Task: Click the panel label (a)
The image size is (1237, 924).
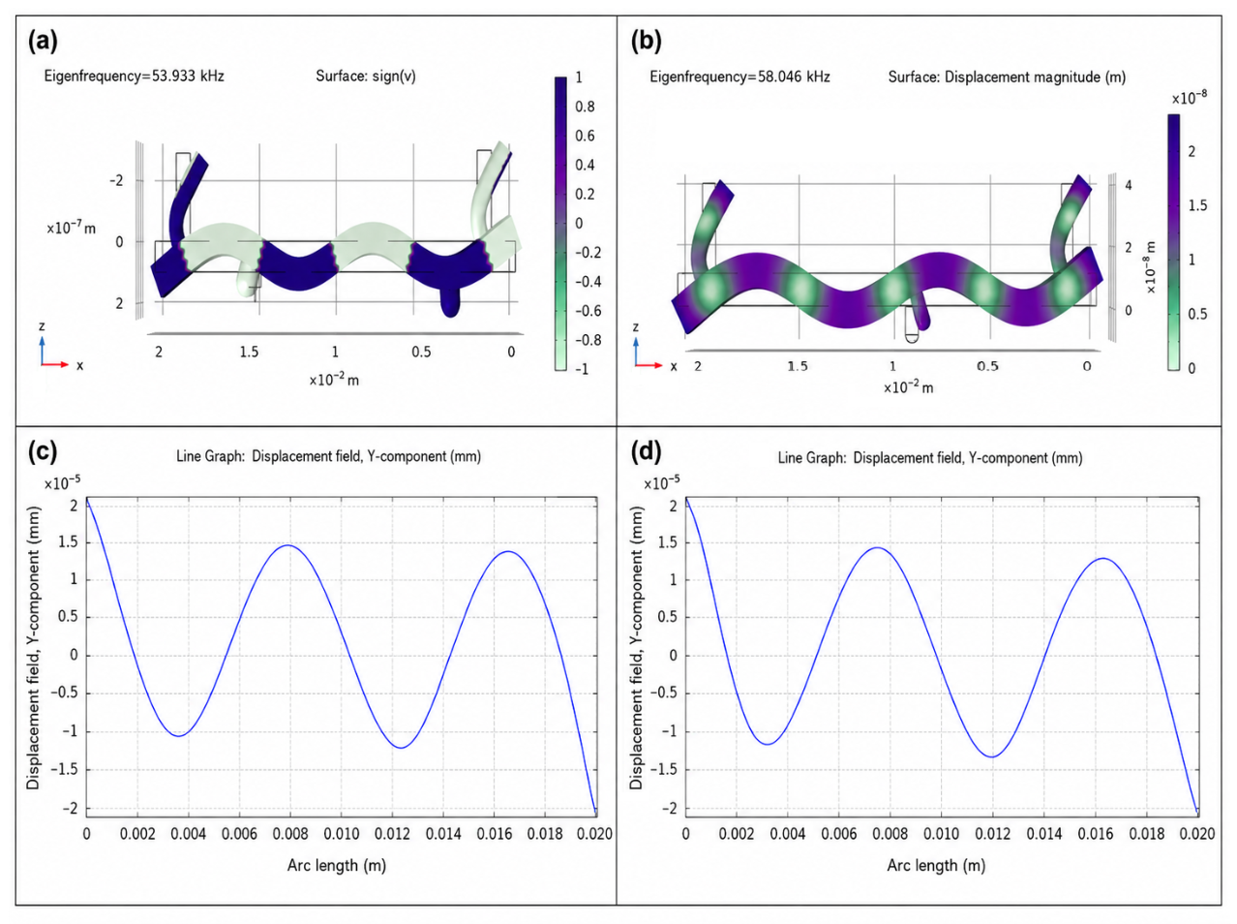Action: pyautogui.click(x=43, y=41)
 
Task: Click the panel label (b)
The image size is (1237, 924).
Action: pyautogui.click(x=646, y=41)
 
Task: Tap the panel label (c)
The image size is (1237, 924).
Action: pyautogui.click(x=43, y=451)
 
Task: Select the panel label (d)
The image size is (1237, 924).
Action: pyautogui.click(x=646, y=451)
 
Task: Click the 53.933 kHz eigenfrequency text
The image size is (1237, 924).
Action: pyautogui.click(x=135, y=77)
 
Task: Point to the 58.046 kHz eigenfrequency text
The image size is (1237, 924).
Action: pyautogui.click(x=739, y=77)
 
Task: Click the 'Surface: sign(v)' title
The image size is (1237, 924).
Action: pyautogui.click(x=366, y=77)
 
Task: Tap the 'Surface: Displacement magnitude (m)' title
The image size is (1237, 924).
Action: pyautogui.click(x=1007, y=77)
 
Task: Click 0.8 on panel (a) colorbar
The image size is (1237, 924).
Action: pyautogui.click(x=585, y=107)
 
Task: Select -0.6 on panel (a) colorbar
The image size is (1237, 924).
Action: pyautogui.click(x=588, y=311)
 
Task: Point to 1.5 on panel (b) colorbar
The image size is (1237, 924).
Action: pyautogui.click(x=1197, y=205)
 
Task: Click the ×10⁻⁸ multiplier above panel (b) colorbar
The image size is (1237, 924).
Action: pyautogui.click(x=1190, y=98)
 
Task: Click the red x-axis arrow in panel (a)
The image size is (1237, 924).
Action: pyautogui.click(x=55, y=365)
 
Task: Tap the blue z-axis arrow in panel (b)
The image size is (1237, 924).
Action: pyautogui.click(x=636, y=352)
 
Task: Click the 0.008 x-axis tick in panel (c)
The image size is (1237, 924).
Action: pyautogui.click(x=290, y=834)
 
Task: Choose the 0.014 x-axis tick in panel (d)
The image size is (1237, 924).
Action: pyautogui.click(x=1044, y=834)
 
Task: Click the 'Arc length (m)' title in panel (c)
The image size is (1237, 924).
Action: pyautogui.click(x=337, y=865)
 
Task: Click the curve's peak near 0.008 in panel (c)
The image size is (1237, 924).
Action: pyautogui.click(x=287, y=545)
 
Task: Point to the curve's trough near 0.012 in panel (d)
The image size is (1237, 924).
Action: pyautogui.click(x=992, y=756)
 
